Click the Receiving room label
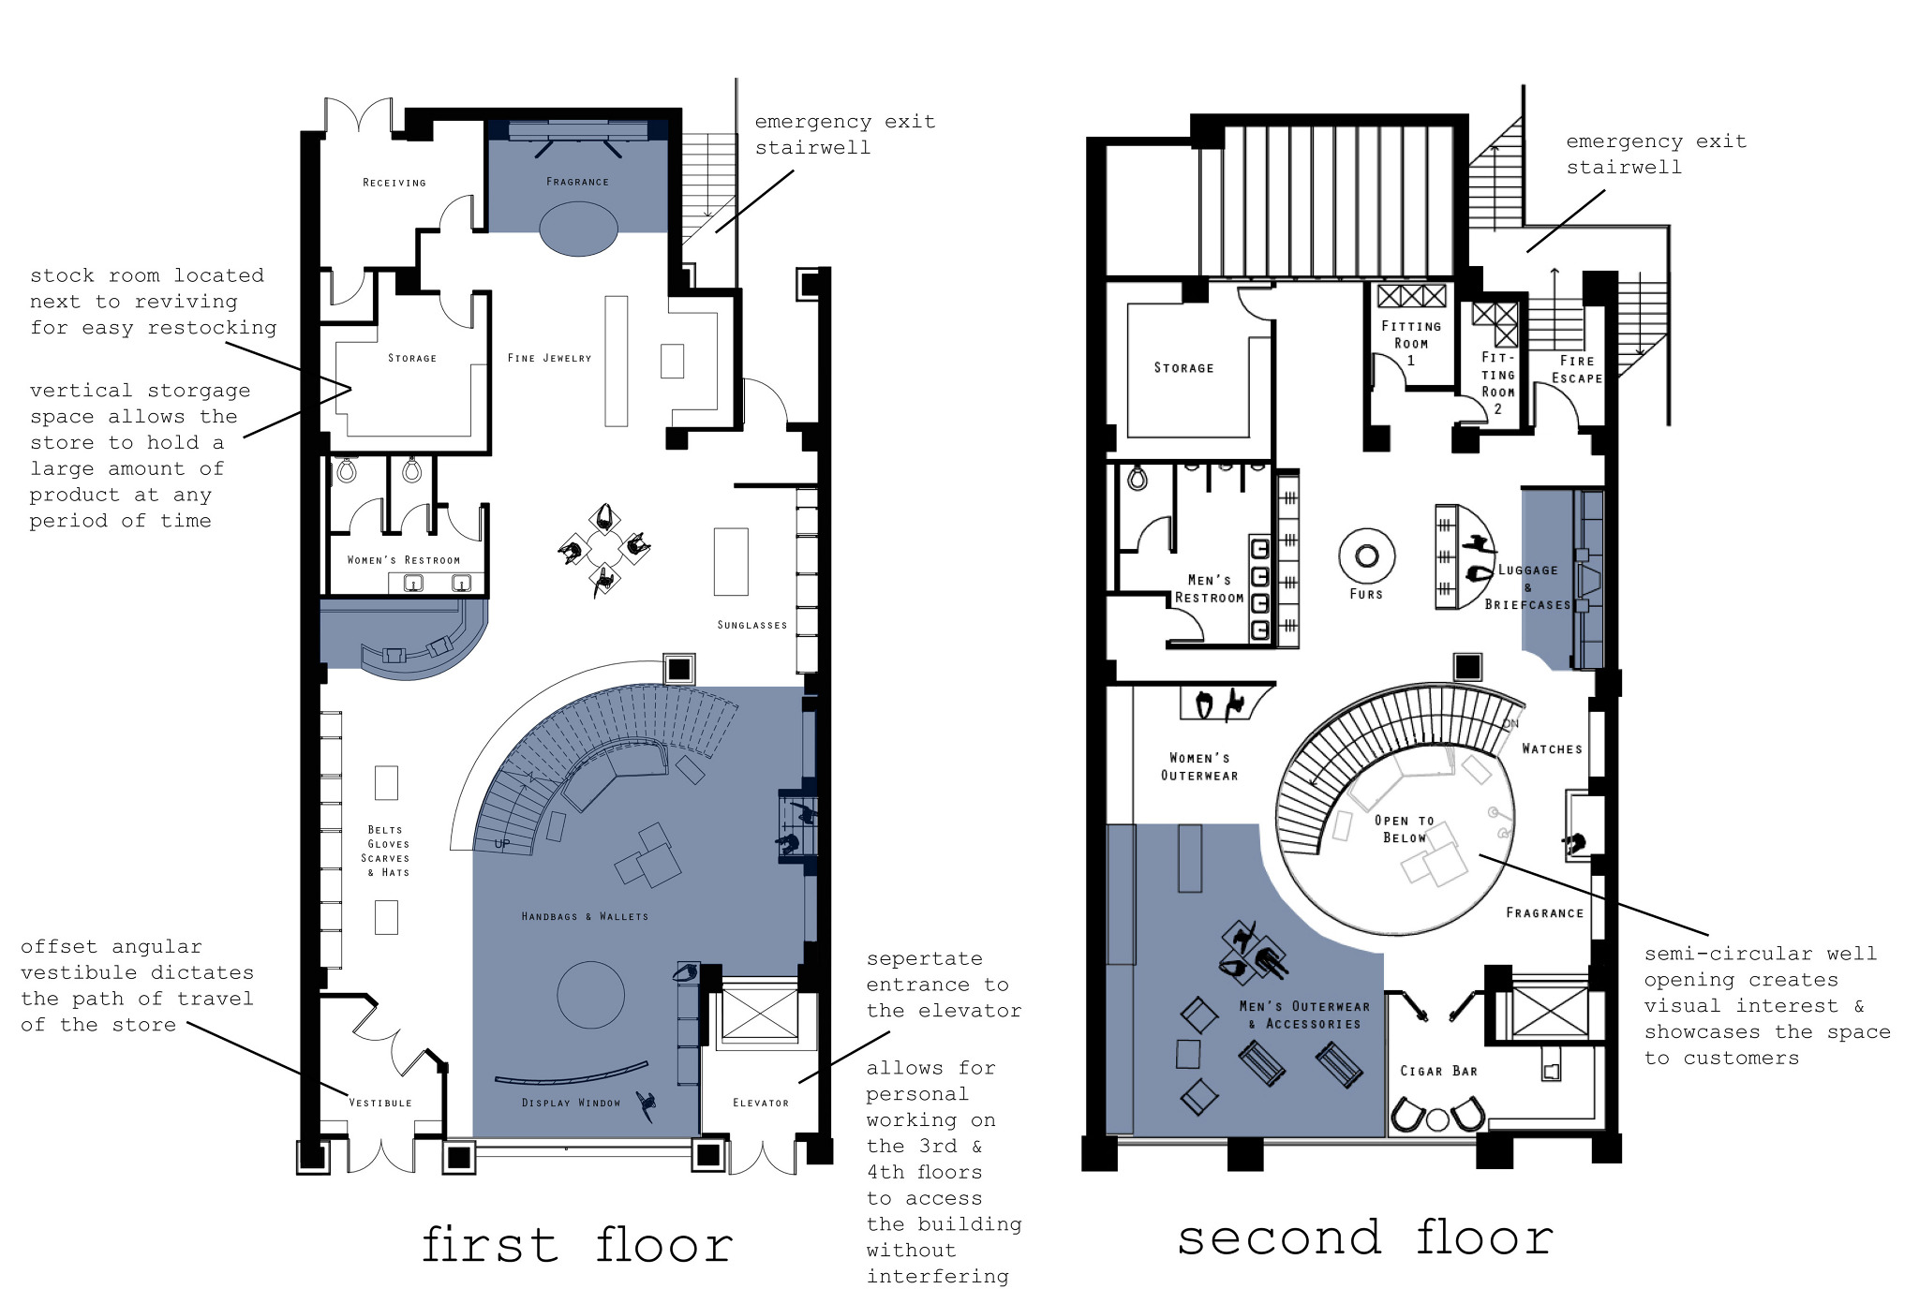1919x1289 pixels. pos(394,183)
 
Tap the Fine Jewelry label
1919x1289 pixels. pos(549,358)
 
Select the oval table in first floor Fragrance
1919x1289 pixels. pos(578,229)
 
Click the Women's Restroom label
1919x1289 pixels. pos(403,560)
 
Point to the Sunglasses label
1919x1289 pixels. pos(751,625)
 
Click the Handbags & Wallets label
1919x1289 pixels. pos(585,916)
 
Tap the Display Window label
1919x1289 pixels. pos(571,1103)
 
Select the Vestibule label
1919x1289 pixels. pos(379,1103)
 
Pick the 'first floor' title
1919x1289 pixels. pos(576,1245)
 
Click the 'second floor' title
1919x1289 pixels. pos(1365,1238)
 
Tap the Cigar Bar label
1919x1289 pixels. pos(1438,1071)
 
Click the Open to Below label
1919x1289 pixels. pos(1404,829)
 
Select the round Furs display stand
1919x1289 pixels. pos(1366,556)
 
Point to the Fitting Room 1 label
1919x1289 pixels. pos(1410,342)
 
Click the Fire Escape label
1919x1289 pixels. pos(1576,369)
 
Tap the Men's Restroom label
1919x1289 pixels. pos(1209,588)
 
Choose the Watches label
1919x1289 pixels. pos(1552,748)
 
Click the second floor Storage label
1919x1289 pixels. pos(1183,368)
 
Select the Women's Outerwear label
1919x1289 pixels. pos(1199,766)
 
